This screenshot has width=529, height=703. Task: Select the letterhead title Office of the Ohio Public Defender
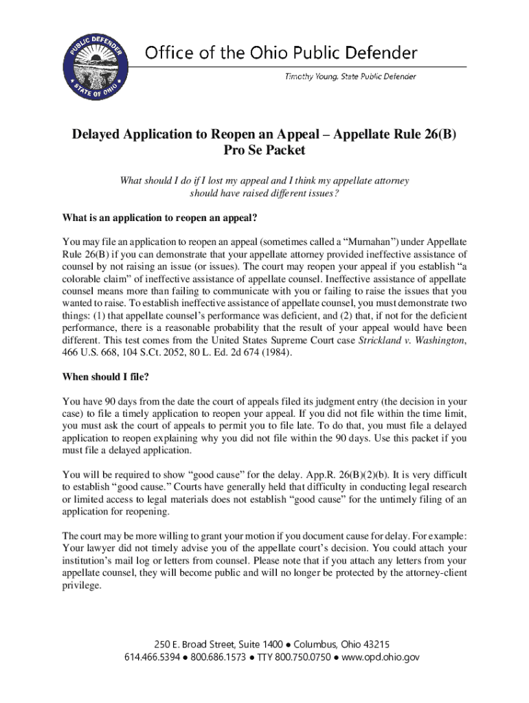pyautogui.click(x=281, y=52)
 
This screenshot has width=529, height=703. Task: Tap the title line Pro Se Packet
pyautogui.click(x=264, y=150)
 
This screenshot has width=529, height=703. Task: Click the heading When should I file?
pyautogui.click(x=105, y=376)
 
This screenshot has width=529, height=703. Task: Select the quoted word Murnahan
pyautogui.click(x=352, y=242)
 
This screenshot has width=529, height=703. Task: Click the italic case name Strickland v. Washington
pyautogui.click(x=412, y=341)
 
